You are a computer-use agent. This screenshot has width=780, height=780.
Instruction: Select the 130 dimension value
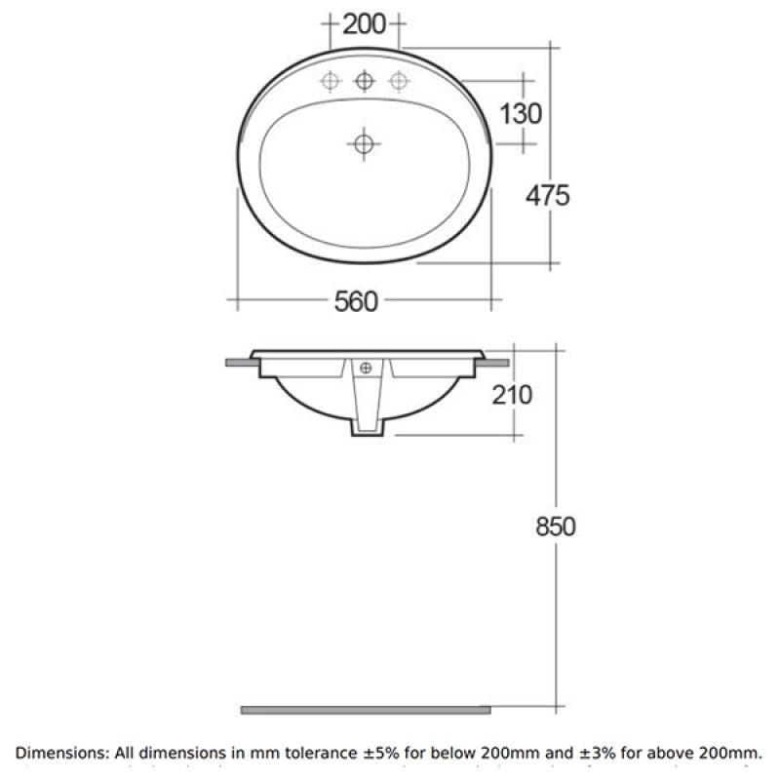click(x=520, y=113)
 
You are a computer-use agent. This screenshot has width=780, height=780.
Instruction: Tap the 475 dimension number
click(x=547, y=195)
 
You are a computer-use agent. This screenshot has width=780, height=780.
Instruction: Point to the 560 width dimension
click(x=356, y=302)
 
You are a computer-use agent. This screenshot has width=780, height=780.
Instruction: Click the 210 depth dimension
click(x=513, y=395)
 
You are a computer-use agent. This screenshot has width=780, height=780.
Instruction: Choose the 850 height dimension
click(x=555, y=526)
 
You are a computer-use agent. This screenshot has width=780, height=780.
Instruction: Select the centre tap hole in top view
click(x=365, y=81)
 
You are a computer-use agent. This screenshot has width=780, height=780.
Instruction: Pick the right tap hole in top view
click(x=397, y=81)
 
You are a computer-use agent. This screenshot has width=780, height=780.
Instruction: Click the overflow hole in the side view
click(x=367, y=368)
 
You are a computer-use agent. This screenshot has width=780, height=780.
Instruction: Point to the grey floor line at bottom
click(x=366, y=709)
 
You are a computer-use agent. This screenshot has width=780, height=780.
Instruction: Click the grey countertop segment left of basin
click(x=241, y=363)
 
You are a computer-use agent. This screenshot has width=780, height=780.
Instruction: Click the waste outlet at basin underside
click(x=367, y=429)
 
